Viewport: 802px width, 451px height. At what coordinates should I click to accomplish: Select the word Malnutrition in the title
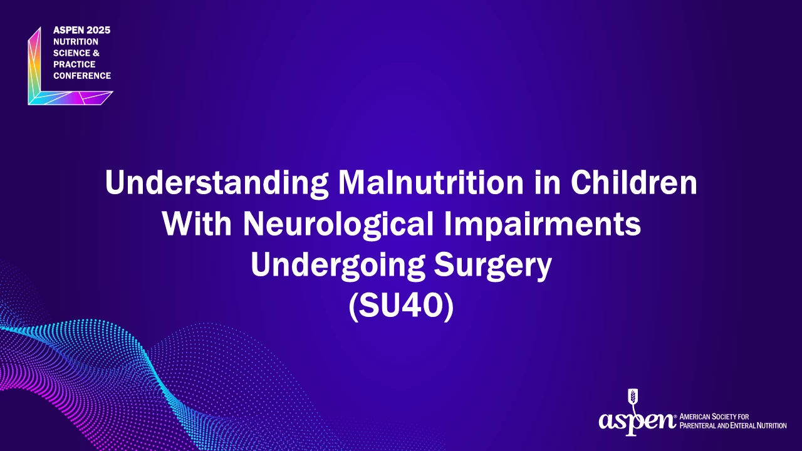pyautogui.click(x=430, y=182)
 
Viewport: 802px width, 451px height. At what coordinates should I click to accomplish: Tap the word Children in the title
pyautogui.click(x=633, y=182)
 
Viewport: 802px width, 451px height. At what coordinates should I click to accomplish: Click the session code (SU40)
pyautogui.click(x=401, y=306)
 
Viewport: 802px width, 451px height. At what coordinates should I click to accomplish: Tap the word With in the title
pyautogui.click(x=197, y=224)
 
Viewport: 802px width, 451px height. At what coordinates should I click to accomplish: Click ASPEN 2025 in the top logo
pyautogui.click(x=81, y=30)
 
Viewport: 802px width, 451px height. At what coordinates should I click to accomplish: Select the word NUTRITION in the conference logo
pyautogui.click(x=76, y=41)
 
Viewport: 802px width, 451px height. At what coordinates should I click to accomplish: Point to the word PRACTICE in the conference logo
pyautogui.click(x=74, y=65)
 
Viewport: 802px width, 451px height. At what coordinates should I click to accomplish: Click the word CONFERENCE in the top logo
pyautogui.click(x=82, y=76)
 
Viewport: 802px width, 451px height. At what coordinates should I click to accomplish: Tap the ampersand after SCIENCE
pyautogui.click(x=96, y=53)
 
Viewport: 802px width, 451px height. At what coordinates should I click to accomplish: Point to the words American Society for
pyautogui.click(x=714, y=417)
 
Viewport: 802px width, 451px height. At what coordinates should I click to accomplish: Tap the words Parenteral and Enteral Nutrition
pyautogui.click(x=733, y=425)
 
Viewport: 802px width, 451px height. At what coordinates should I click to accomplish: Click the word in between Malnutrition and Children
pyautogui.click(x=547, y=182)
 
